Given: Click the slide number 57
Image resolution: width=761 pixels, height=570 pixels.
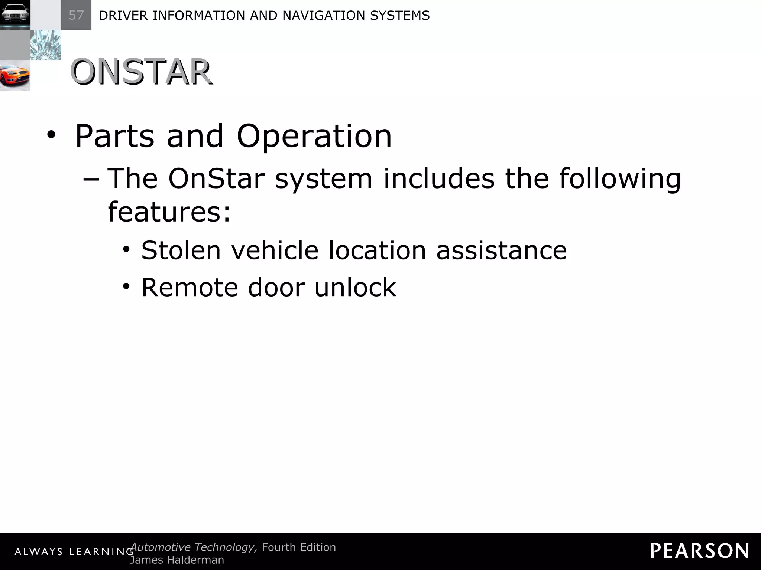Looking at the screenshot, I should pyautogui.click(x=76, y=15).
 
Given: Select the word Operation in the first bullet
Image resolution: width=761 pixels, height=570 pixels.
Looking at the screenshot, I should pyautogui.click(x=314, y=137).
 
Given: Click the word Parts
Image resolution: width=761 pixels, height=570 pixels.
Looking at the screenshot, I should pyautogui.click(x=114, y=137).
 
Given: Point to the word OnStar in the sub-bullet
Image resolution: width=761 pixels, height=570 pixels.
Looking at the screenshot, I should pyautogui.click(x=216, y=178).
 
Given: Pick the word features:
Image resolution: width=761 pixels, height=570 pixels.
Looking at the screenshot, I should pyautogui.click(x=169, y=212).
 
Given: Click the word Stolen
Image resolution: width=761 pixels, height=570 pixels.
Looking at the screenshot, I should pyautogui.click(x=181, y=250).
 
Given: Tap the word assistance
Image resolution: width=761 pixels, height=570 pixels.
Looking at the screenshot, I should pyautogui.click(x=501, y=250).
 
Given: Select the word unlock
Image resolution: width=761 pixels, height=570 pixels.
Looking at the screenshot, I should pyautogui.click(x=355, y=287).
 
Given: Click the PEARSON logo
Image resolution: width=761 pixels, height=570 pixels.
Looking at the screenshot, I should pyautogui.click(x=699, y=551).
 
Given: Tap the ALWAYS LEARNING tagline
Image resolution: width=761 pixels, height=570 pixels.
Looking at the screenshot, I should pyautogui.click(x=74, y=552).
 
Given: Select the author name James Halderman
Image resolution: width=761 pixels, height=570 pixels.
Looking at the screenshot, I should pyautogui.click(x=177, y=560).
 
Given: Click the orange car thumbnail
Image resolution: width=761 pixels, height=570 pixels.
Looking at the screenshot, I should pyautogui.click(x=15, y=76).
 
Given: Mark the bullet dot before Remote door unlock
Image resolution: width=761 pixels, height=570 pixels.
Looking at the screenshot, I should pyautogui.click(x=127, y=287).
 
